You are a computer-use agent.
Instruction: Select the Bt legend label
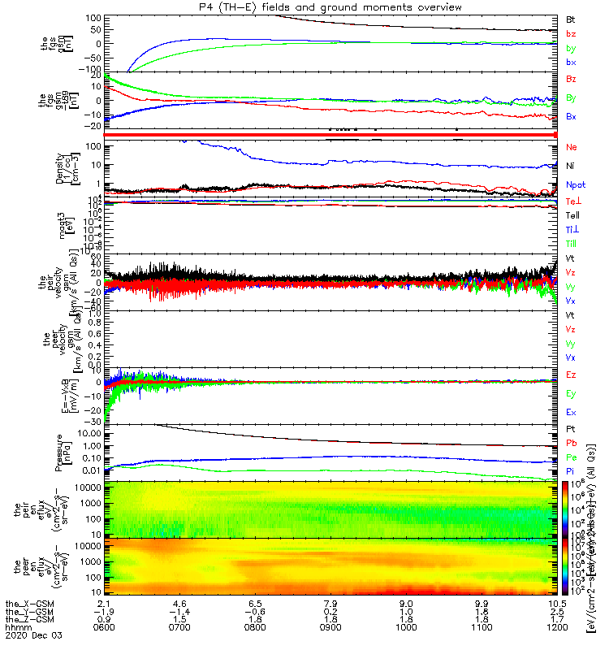[x=571, y=18]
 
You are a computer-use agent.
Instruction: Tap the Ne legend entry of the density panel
[x=572, y=147]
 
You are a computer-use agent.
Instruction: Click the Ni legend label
[x=571, y=167]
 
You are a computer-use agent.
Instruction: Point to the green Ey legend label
[x=572, y=393]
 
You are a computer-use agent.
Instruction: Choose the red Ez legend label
[x=572, y=375]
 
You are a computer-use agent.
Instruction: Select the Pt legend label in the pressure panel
[x=571, y=428]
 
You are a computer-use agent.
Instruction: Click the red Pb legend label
[x=572, y=443]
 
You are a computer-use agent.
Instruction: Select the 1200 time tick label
[x=555, y=629]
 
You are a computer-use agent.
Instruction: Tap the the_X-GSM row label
[x=28, y=603]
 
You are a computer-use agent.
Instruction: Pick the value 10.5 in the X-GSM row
[x=555, y=603]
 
